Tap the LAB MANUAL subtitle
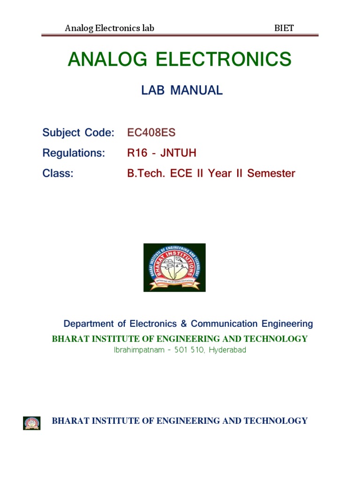(182, 91)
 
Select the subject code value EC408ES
(151, 133)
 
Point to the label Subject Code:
(78, 133)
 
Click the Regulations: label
(74, 153)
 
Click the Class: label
(58, 173)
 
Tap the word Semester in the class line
(271, 173)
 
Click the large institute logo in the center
(174, 267)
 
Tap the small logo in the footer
(32, 423)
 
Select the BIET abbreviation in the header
(284, 28)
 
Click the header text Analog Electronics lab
(109, 28)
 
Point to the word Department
(89, 323)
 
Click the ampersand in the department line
(184, 323)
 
